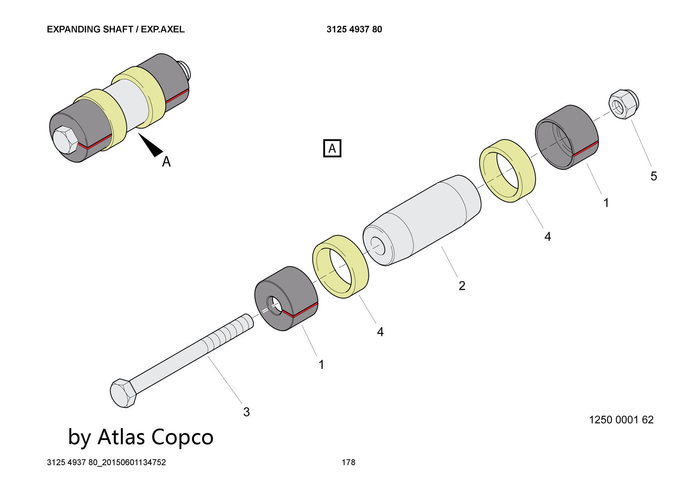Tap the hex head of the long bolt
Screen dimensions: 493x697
pos(123,393)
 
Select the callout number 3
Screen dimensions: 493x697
pos(246,412)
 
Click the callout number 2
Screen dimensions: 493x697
pos(462,286)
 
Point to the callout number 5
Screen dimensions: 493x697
pos(653,176)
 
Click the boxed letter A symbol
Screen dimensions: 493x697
pos(332,149)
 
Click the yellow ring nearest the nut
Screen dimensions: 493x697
pos(507,171)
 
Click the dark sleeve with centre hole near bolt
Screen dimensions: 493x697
pos(286,298)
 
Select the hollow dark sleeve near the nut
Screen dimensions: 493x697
pos(567,137)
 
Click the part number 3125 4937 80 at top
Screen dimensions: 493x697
pos(354,29)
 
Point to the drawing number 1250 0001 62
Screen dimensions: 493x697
pos(621,420)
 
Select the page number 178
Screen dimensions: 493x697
pos(348,462)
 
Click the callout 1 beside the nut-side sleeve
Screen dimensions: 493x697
pos(606,203)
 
